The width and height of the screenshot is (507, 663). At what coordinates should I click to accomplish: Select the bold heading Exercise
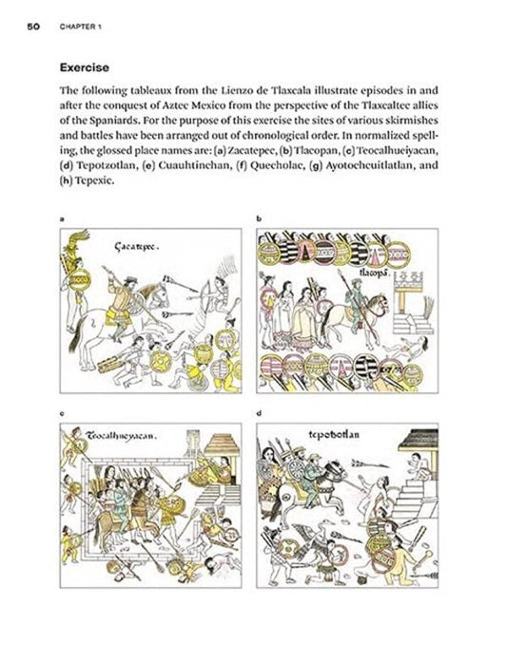[x=86, y=66]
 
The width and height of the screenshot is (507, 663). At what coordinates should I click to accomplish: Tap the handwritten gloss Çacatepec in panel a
[x=138, y=246]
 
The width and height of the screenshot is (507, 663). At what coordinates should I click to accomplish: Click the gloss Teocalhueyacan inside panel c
[x=121, y=438]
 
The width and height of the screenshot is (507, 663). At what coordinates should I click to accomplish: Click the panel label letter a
[x=62, y=219]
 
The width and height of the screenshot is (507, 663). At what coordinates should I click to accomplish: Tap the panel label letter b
[x=259, y=219]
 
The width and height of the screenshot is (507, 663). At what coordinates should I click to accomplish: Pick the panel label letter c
[x=62, y=414]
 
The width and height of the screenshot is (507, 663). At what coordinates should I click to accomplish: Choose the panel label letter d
[x=259, y=414]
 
